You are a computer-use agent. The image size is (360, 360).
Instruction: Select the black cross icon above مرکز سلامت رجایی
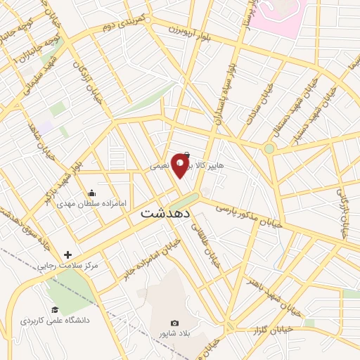[x=67, y=255]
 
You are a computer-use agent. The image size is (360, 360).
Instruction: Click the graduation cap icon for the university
[x=54, y=309]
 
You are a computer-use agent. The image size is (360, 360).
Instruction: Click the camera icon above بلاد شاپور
[x=175, y=323]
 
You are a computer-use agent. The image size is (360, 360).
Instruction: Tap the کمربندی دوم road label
[x=124, y=21]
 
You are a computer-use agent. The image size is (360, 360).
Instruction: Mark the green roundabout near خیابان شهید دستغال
[x=269, y=148]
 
